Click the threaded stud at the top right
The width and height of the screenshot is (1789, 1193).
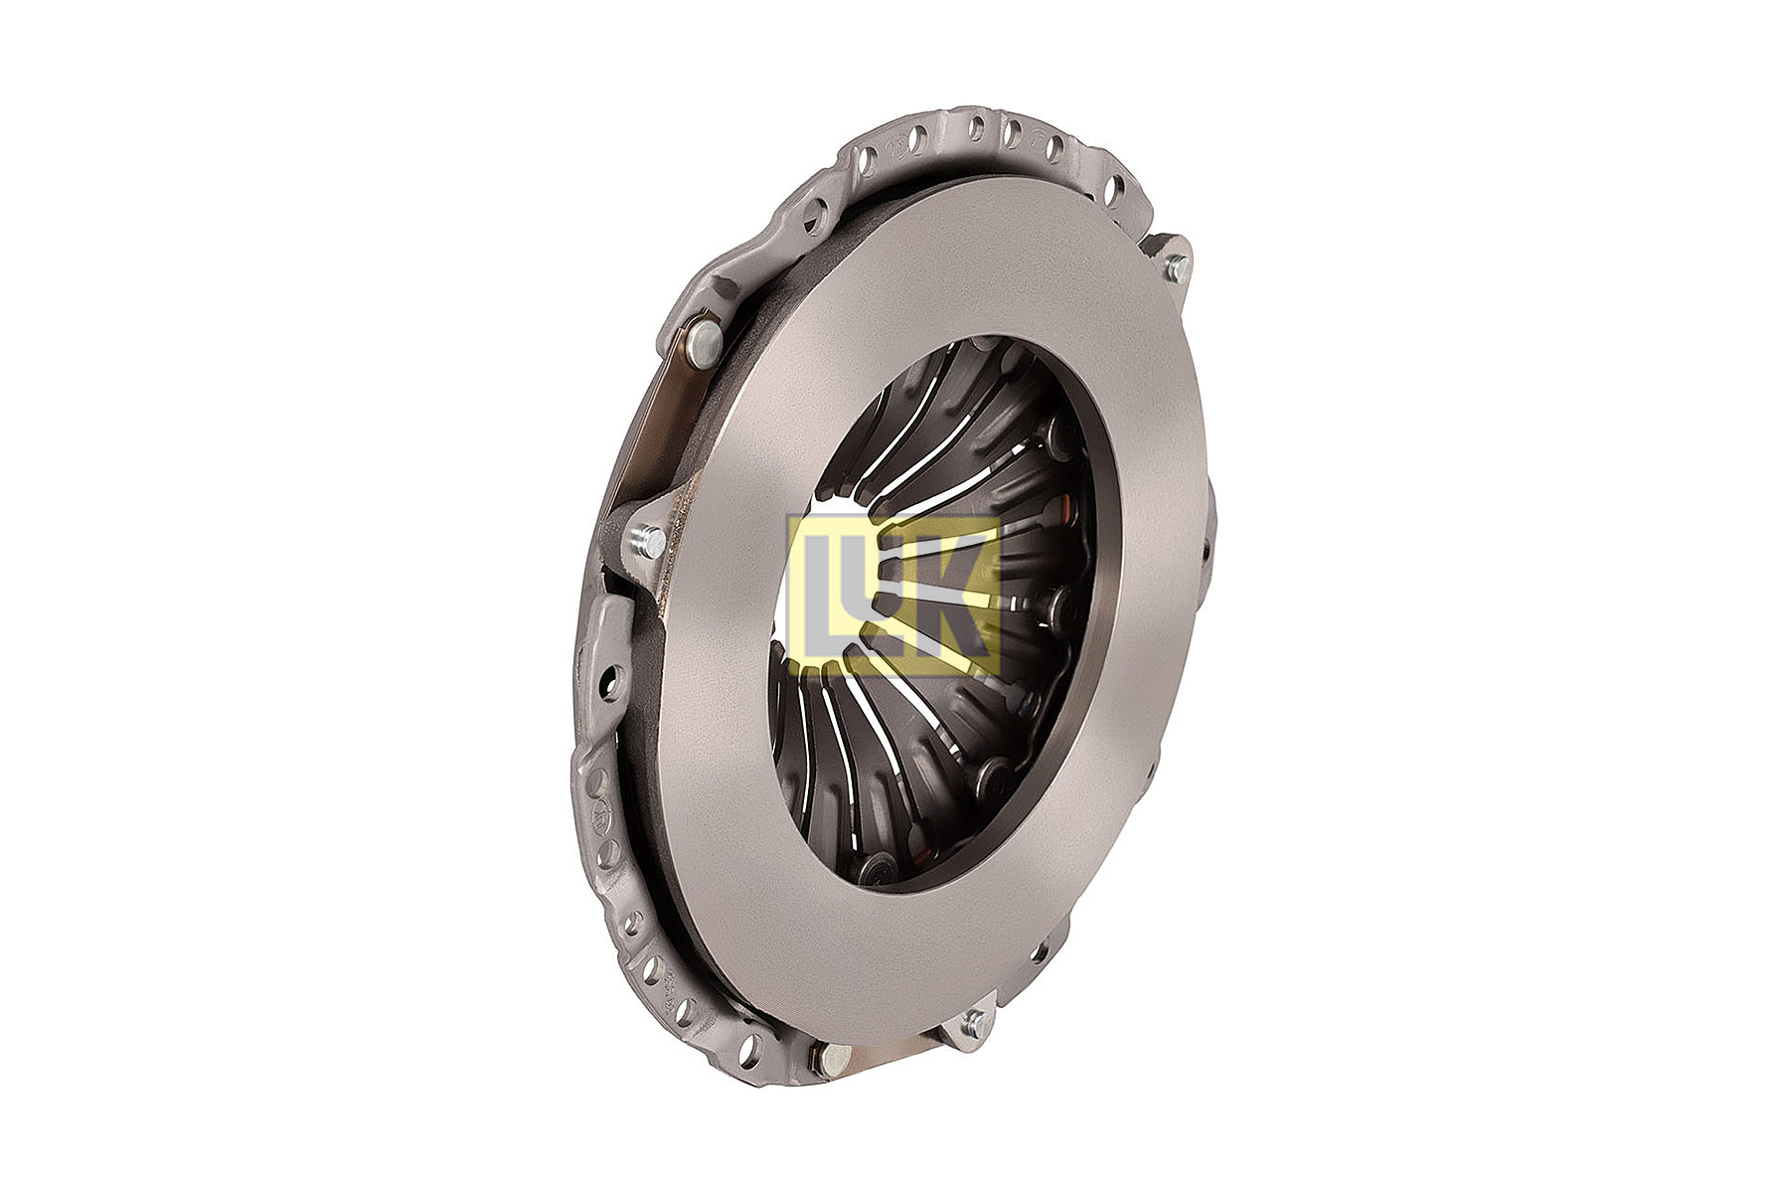pos(1178,266)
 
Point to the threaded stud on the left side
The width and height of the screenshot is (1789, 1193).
pos(647,542)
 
